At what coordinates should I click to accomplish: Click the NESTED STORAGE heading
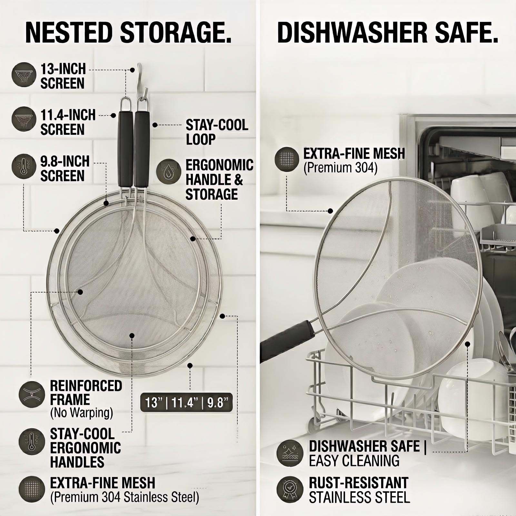128,33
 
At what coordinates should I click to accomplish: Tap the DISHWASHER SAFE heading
388,33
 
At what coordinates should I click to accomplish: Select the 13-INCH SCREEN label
63,76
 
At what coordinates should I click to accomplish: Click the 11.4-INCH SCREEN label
68,122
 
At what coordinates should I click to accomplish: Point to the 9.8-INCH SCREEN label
65,169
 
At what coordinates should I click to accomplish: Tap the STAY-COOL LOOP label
217,132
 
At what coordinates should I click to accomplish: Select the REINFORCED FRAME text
86,392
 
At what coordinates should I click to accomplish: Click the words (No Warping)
82,413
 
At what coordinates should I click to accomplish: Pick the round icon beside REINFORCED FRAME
32,394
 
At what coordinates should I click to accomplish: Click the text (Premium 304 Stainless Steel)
124,497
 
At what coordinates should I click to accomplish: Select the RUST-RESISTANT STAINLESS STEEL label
359,490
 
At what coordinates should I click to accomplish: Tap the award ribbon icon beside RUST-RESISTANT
290,490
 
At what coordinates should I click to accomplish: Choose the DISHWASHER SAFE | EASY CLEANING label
368,453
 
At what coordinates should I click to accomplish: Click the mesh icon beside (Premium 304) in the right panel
287,159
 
